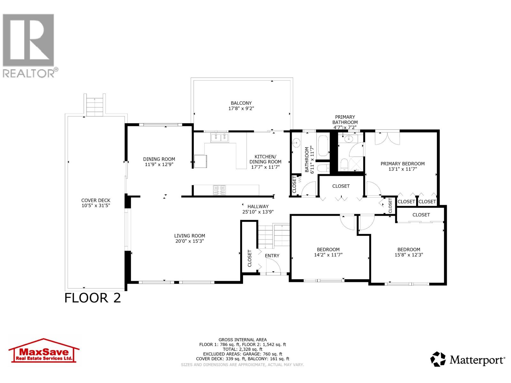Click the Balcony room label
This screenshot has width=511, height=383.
click(x=241, y=103)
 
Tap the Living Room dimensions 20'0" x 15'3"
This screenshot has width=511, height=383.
click(x=189, y=241)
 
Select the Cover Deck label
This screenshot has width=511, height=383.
click(x=95, y=200)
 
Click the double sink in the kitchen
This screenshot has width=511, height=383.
click(x=220, y=138)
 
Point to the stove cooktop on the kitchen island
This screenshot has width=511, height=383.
click(x=219, y=190)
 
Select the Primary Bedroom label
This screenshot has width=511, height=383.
click(x=402, y=164)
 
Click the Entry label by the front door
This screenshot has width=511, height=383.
click(x=272, y=256)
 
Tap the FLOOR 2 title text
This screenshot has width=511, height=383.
click(x=93, y=298)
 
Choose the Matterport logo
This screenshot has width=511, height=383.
click(x=468, y=360)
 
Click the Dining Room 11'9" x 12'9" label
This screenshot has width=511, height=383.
click(x=159, y=162)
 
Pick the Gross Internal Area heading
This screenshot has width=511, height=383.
click(x=242, y=340)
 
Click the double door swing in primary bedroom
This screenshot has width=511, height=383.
click(x=387, y=138)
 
